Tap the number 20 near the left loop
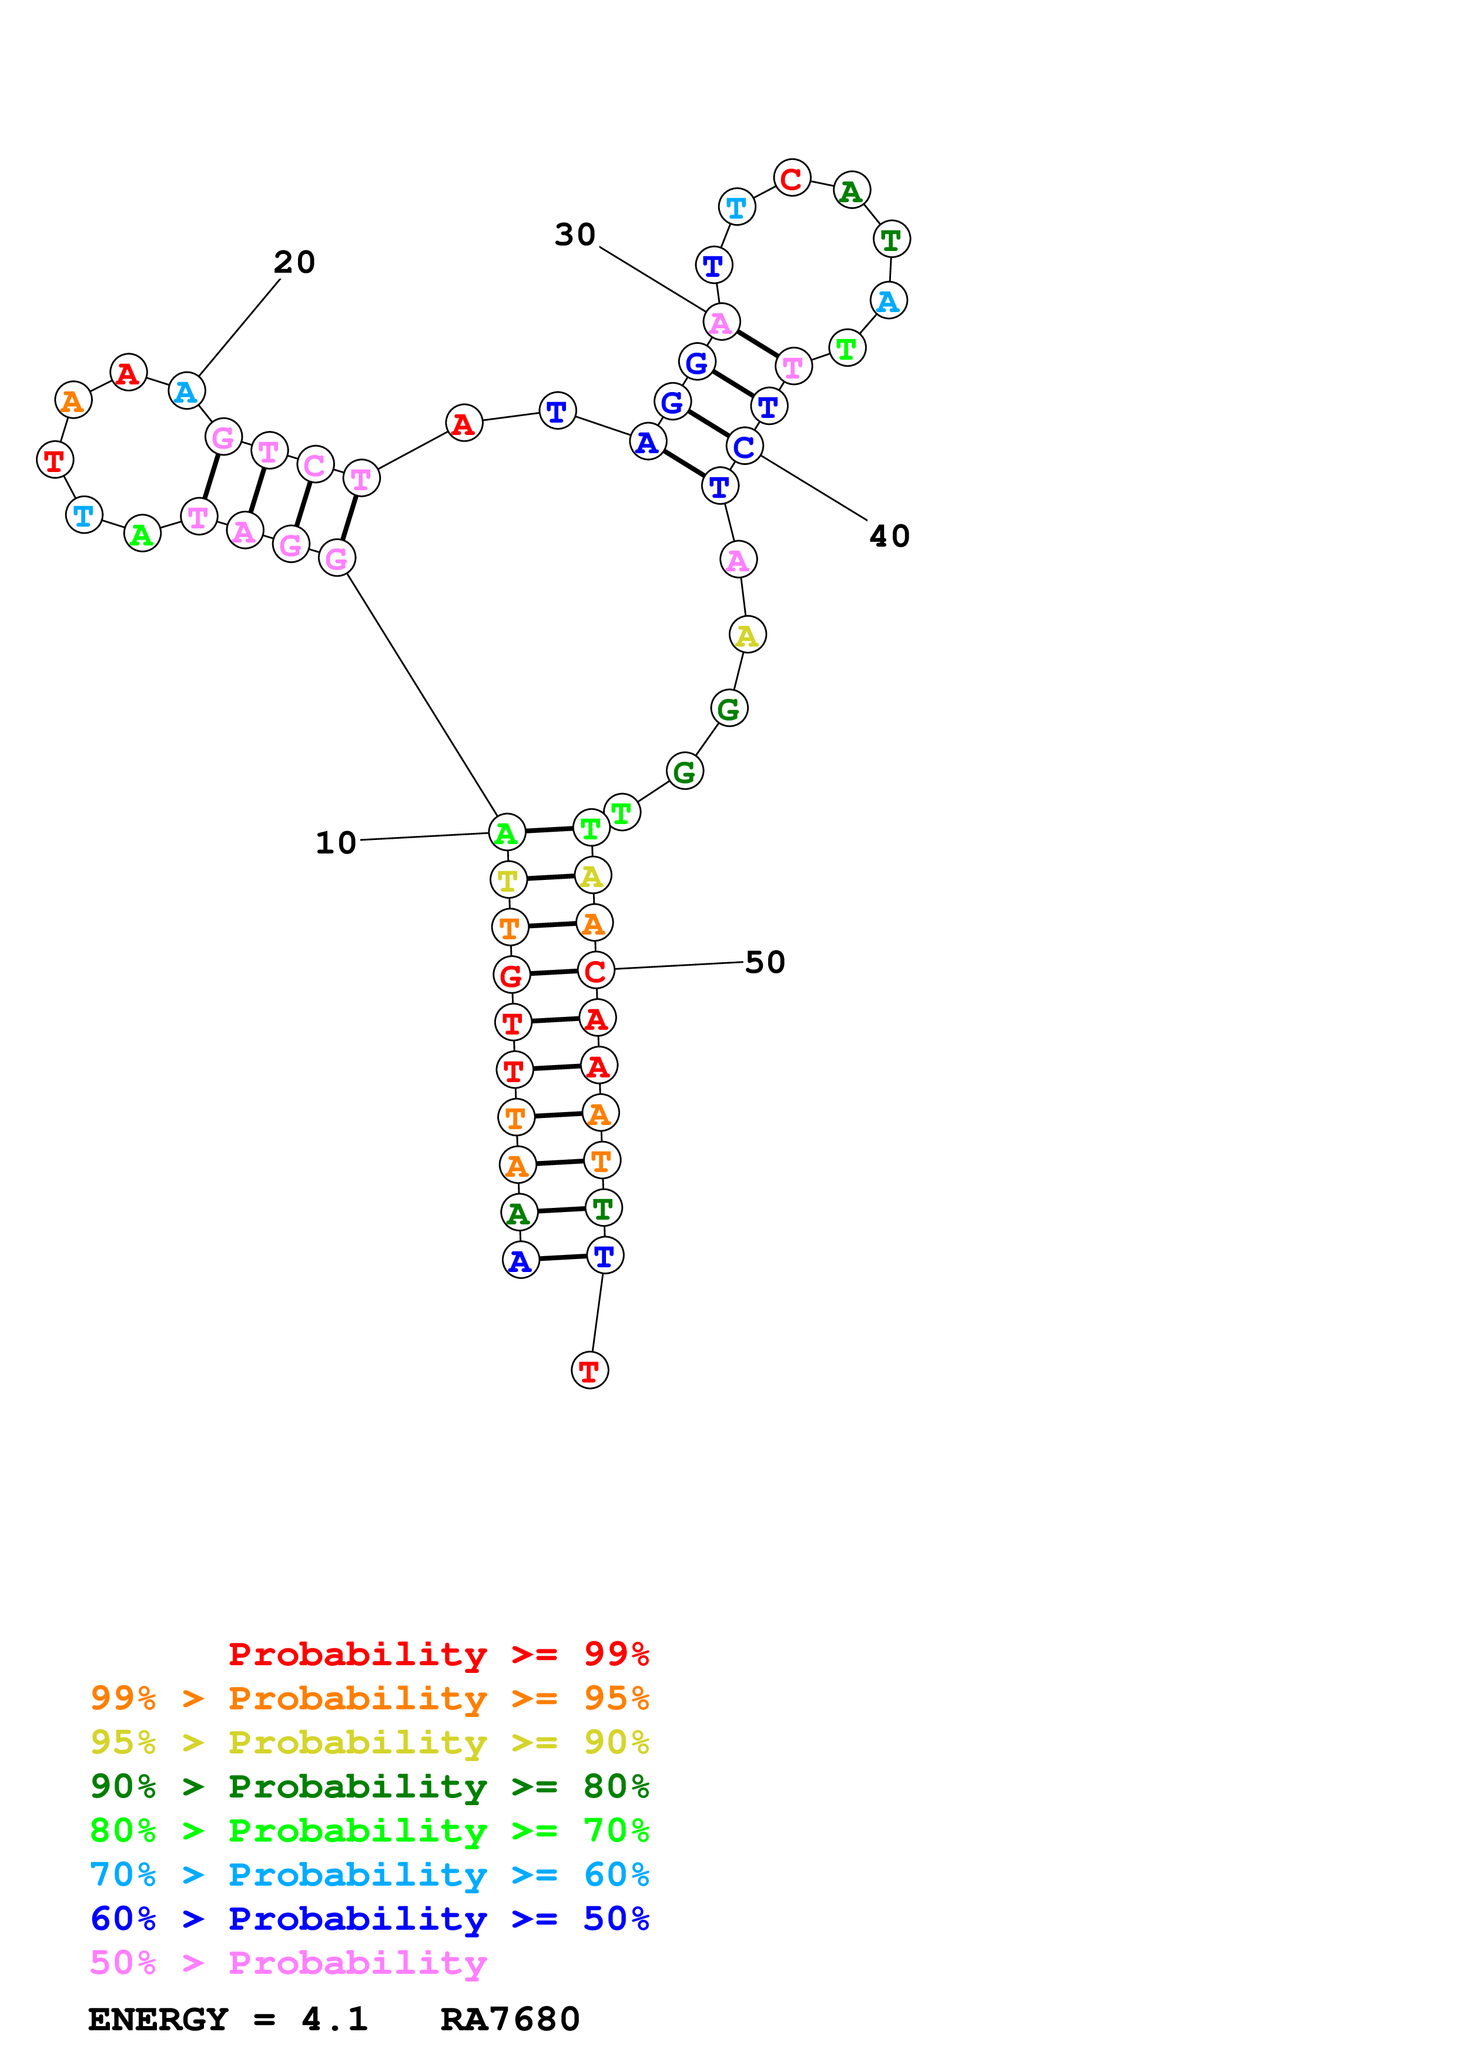click(294, 262)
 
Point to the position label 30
click(575, 235)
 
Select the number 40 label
click(890, 536)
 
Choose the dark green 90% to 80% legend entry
click(369, 1786)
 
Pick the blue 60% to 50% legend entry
click(369, 1919)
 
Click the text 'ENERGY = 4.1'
click(228, 2019)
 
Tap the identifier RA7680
click(510, 2019)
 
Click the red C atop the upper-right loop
click(791, 178)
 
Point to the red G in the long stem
click(511, 975)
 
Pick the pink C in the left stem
click(314, 465)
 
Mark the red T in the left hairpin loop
click(54, 461)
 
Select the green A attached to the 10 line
click(506, 833)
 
